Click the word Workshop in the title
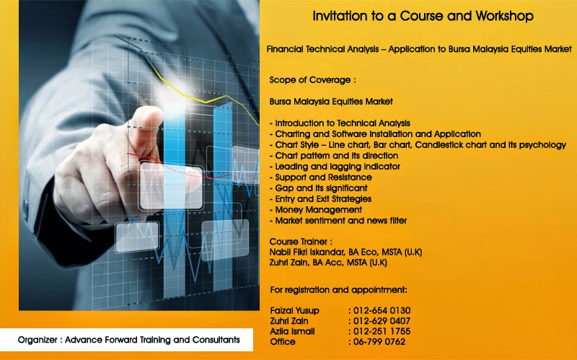click(x=504, y=16)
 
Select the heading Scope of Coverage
click(x=312, y=80)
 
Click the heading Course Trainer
click(x=301, y=242)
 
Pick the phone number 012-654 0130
click(x=382, y=311)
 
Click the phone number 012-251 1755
click(x=382, y=331)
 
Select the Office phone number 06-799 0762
click(x=379, y=342)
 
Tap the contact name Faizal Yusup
click(x=294, y=311)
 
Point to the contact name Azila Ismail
click(x=292, y=331)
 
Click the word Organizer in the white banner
click(x=38, y=340)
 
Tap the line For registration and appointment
click(x=338, y=290)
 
